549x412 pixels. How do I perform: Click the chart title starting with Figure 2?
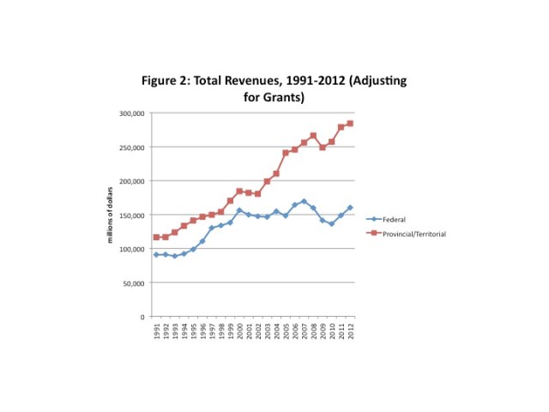[x=274, y=88]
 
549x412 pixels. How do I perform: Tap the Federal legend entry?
[x=394, y=220]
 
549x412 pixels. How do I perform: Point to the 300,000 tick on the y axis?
[x=131, y=113]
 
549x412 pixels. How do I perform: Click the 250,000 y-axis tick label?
[x=131, y=147]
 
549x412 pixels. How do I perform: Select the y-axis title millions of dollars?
[x=110, y=215]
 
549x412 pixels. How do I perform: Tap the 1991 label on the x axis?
[x=155, y=331]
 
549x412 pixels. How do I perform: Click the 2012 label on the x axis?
[x=350, y=331]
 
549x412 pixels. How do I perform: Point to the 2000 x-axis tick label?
[x=239, y=331]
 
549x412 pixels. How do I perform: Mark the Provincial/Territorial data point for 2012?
[x=350, y=124]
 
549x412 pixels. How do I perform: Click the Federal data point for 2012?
[x=350, y=208]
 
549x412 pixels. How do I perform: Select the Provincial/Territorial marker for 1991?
[x=155, y=237]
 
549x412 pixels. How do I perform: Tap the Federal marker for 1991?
[x=155, y=255]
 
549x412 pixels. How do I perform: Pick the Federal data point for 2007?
[x=304, y=202]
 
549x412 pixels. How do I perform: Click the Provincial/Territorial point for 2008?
[x=313, y=136]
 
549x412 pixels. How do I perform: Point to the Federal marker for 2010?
[x=331, y=224]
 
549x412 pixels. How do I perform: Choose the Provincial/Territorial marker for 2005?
[x=286, y=153]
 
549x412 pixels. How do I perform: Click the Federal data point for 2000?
[x=239, y=210]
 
